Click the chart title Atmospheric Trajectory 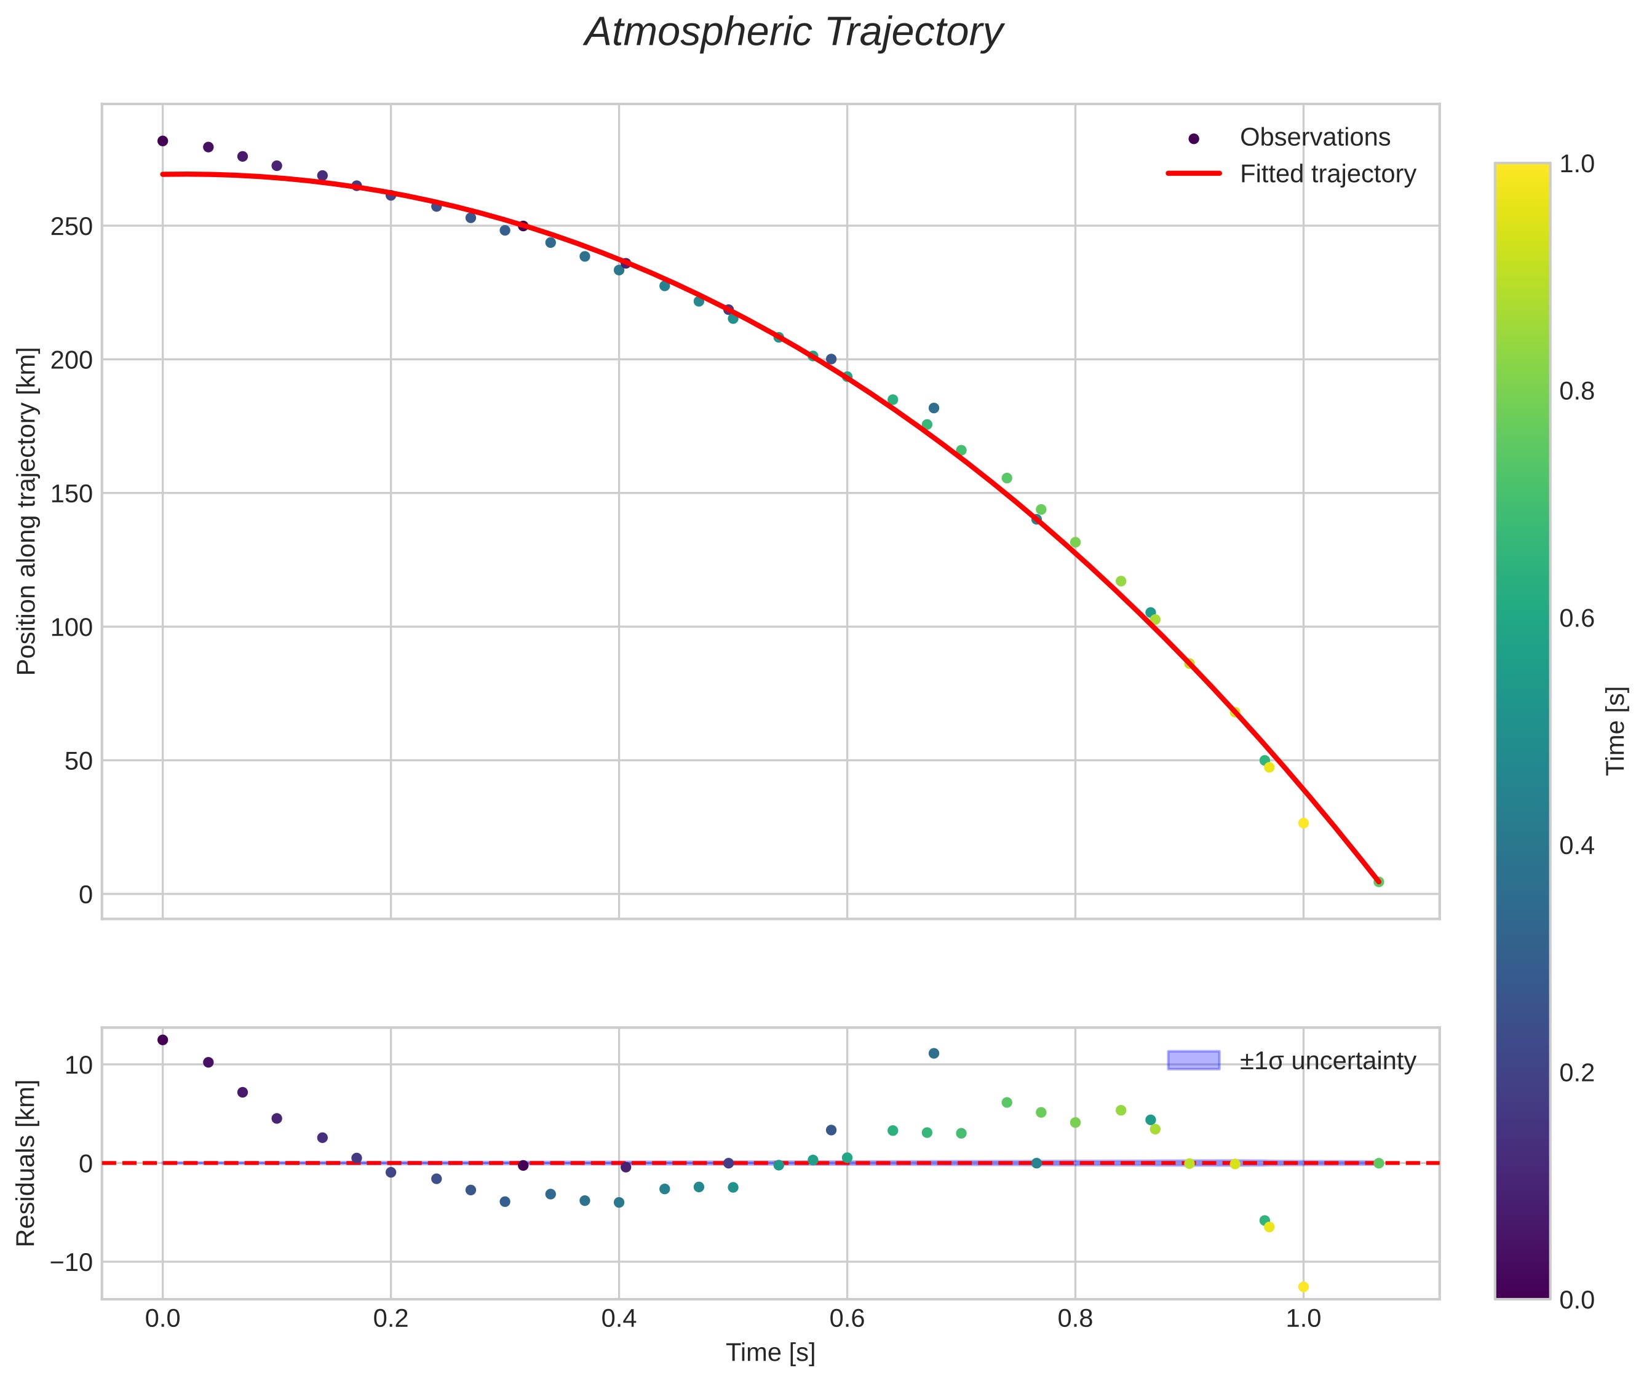pyautogui.click(x=793, y=33)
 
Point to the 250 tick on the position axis pyautogui.click(x=71, y=226)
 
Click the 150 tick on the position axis pyautogui.click(x=71, y=493)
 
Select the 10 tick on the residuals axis pyautogui.click(x=78, y=1065)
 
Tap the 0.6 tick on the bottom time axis pyautogui.click(x=847, y=1318)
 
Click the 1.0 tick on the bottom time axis pyautogui.click(x=1303, y=1318)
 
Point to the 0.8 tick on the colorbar pyautogui.click(x=1576, y=392)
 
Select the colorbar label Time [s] pyautogui.click(x=1616, y=730)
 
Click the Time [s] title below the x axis pyautogui.click(x=770, y=1353)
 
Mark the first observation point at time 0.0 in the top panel pyautogui.click(x=163, y=141)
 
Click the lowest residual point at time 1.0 pyautogui.click(x=1303, y=1286)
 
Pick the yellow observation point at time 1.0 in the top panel pyautogui.click(x=1303, y=823)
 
